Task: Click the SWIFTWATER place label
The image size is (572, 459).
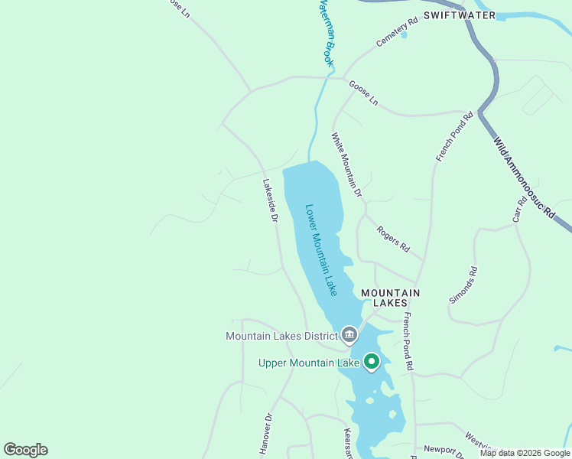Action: pyautogui.click(x=459, y=15)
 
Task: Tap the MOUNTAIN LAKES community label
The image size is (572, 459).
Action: pyautogui.click(x=390, y=298)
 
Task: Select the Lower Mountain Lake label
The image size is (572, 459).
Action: pyautogui.click(x=321, y=249)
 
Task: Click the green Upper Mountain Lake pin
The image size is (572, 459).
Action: pyautogui.click(x=372, y=362)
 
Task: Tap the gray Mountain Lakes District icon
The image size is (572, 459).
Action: pyautogui.click(x=349, y=335)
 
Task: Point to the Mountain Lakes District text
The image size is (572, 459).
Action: pyautogui.click(x=281, y=336)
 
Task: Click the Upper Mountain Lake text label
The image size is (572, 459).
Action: pyautogui.click(x=309, y=363)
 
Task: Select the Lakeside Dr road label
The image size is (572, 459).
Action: pyautogui.click(x=269, y=200)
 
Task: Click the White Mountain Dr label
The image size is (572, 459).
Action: pyautogui.click(x=346, y=165)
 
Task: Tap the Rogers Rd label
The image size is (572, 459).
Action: pyautogui.click(x=393, y=239)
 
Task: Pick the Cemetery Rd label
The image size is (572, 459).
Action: pyautogui.click(x=397, y=32)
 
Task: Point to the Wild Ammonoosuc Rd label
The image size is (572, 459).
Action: pyautogui.click(x=524, y=178)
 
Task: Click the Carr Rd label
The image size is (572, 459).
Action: pyautogui.click(x=520, y=211)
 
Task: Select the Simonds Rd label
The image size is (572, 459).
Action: pyautogui.click(x=463, y=285)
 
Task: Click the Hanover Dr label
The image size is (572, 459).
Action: pyautogui.click(x=265, y=435)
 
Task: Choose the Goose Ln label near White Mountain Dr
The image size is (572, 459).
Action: pyautogui.click(x=363, y=93)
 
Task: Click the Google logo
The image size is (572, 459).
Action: pyautogui.click(x=25, y=450)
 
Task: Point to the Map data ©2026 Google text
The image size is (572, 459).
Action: pyautogui.click(x=524, y=453)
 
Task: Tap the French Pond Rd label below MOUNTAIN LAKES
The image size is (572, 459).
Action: pyautogui.click(x=408, y=342)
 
